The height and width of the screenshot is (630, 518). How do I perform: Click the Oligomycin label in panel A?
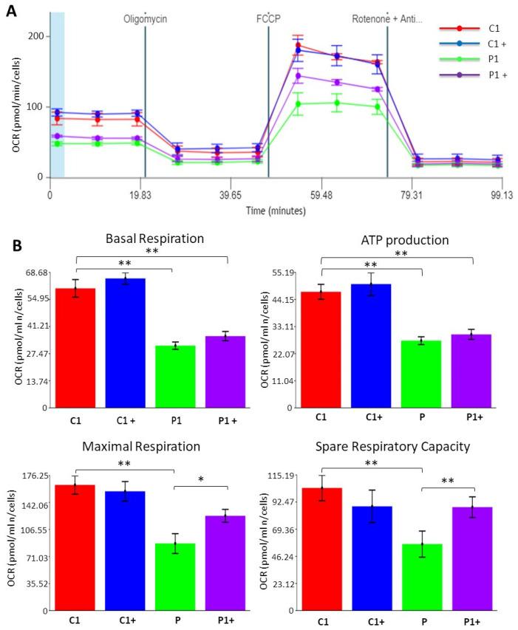(x=145, y=19)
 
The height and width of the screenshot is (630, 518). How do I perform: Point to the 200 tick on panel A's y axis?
(x=33, y=36)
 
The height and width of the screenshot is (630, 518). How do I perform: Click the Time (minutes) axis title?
(x=275, y=210)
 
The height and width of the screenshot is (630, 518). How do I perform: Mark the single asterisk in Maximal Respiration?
(x=201, y=479)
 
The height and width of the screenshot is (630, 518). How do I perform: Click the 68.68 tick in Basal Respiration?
(x=34, y=273)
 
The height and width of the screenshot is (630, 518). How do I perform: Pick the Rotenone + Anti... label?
(x=386, y=19)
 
